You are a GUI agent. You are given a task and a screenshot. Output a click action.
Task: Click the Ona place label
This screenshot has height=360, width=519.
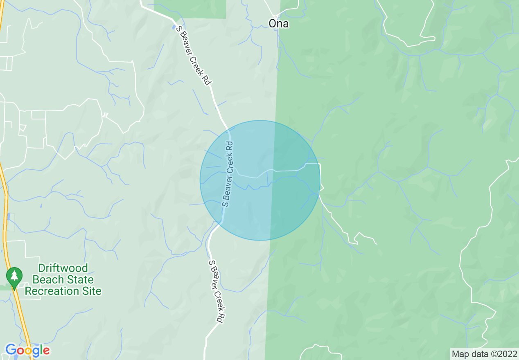(x=279, y=24)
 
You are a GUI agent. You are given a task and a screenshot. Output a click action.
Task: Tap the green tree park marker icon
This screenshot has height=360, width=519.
(x=14, y=275)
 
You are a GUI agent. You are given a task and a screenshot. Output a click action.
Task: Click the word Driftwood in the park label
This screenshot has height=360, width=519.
(x=63, y=268)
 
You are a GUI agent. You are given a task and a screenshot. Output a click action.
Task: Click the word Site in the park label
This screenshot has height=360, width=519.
(x=91, y=291)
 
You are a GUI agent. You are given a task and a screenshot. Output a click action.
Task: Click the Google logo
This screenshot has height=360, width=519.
(x=27, y=350)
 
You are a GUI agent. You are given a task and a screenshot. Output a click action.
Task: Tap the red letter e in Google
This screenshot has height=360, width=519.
(x=46, y=351)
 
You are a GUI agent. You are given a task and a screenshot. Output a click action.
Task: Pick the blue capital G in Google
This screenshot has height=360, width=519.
(x=11, y=350)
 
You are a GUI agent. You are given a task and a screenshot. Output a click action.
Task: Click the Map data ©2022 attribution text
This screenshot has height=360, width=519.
(x=484, y=353)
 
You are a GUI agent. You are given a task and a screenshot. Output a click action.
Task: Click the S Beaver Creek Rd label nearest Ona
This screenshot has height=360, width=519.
(x=193, y=55)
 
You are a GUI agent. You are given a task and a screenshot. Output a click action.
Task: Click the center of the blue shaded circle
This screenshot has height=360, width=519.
(x=260, y=180)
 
